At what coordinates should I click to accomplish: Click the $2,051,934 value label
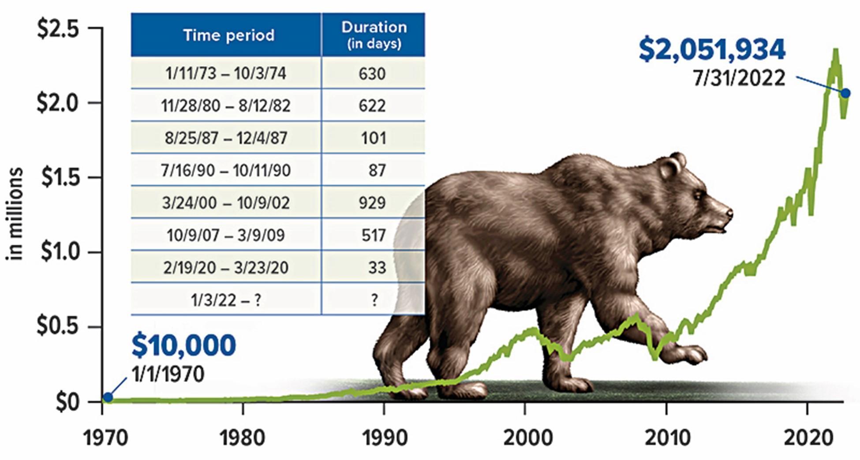point(712,50)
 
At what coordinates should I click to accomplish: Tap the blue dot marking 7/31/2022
point(845,93)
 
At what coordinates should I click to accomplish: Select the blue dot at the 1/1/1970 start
point(108,397)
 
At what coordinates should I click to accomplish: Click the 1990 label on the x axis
point(384,438)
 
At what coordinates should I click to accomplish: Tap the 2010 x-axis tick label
point(667,438)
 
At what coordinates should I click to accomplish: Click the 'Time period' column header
point(228,35)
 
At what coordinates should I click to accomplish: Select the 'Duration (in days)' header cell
point(374,34)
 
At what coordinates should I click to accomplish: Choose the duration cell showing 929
point(373,202)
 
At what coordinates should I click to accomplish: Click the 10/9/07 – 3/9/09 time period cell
point(226,235)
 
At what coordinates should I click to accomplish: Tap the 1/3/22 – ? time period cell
point(226,300)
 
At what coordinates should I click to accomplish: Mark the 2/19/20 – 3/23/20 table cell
point(226,268)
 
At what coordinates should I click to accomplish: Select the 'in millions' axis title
point(15,214)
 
